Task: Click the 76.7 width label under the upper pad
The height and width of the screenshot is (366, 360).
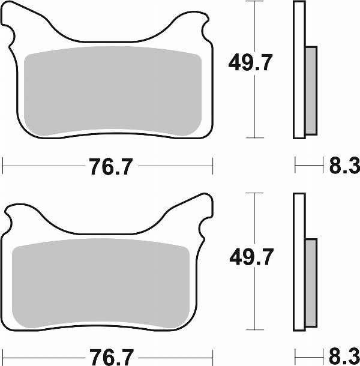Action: point(110,167)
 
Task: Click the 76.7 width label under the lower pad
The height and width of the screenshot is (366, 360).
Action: point(110,355)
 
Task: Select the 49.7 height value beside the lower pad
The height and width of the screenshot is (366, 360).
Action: point(251,258)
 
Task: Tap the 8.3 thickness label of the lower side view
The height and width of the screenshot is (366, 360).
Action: point(342,355)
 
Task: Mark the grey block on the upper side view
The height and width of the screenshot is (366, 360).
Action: point(311,90)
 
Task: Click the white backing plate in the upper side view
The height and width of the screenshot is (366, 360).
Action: point(299,69)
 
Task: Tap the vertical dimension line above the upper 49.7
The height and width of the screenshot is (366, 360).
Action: point(256,24)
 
